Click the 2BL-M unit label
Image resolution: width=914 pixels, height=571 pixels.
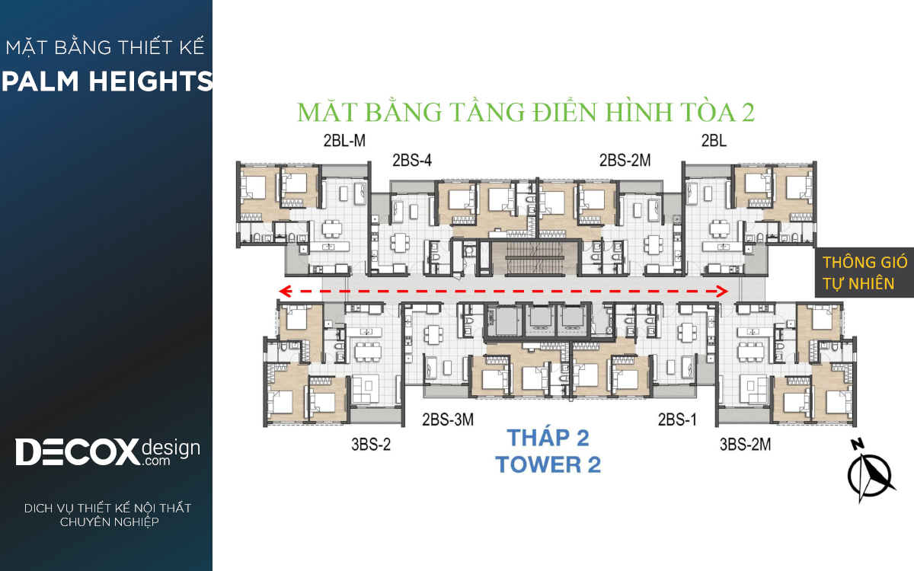point(344,141)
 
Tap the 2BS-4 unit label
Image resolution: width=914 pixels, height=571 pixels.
point(412,161)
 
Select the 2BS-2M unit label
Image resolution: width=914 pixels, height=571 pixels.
point(625,161)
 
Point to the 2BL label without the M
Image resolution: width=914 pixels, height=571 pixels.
point(714,141)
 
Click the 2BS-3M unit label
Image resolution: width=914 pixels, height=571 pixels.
point(448,419)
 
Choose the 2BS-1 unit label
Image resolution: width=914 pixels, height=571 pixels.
point(677,419)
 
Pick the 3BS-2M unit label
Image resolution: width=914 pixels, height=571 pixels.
point(745,444)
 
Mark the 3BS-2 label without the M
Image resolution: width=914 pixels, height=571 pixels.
point(371,444)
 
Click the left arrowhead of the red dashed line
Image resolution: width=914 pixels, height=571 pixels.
point(285,291)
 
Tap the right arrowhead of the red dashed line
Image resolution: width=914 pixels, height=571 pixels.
point(723,291)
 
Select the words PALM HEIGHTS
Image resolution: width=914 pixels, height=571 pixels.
point(107,81)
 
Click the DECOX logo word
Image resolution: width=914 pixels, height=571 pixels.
point(78,452)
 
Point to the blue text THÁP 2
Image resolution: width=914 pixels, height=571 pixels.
point(548,438)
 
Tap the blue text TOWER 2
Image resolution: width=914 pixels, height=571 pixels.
point(548,464)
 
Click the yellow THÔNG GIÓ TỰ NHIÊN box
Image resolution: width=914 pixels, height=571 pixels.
point(864,273)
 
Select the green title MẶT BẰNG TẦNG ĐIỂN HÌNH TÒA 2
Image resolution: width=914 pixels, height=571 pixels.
point(526,112)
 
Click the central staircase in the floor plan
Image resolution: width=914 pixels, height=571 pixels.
point(535,258)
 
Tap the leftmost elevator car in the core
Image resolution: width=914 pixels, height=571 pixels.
point(504,321)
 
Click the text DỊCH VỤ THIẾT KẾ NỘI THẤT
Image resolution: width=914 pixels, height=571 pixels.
point(107,509)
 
